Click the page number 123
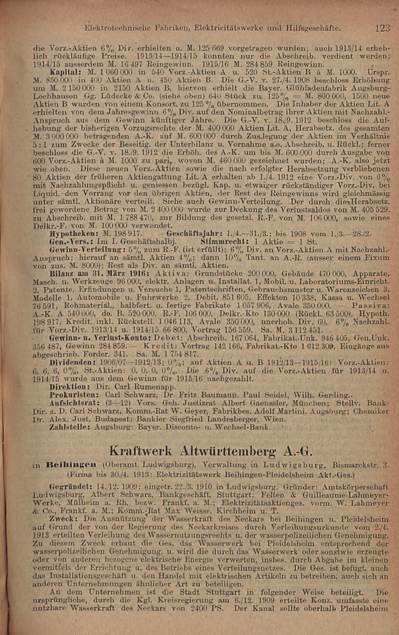(382, 28)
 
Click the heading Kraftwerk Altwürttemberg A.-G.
(211, 451)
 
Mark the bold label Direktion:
(67, 387)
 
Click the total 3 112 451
(300, 330)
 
